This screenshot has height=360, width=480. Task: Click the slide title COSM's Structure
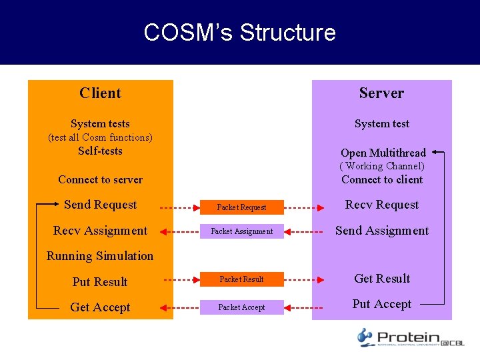239,33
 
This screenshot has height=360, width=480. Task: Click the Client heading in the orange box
100,93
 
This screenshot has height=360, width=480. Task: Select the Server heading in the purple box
381,93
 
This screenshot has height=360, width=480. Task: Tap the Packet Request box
241,207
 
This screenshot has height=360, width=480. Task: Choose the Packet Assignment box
241,231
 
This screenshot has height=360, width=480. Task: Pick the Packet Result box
241,279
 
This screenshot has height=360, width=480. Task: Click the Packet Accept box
241,307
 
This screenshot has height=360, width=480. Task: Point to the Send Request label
100,205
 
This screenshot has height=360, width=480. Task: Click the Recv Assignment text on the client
100,231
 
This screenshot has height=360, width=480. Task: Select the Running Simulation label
100,256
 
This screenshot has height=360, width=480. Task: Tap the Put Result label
100,282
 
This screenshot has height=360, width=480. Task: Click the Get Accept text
100,307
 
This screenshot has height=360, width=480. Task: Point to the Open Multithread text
383,153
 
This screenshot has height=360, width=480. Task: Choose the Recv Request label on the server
382,205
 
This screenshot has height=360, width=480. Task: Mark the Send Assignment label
382,231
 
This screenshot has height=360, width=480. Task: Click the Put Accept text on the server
382,304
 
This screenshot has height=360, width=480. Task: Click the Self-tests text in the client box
100,151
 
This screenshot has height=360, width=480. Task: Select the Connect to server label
100,179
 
